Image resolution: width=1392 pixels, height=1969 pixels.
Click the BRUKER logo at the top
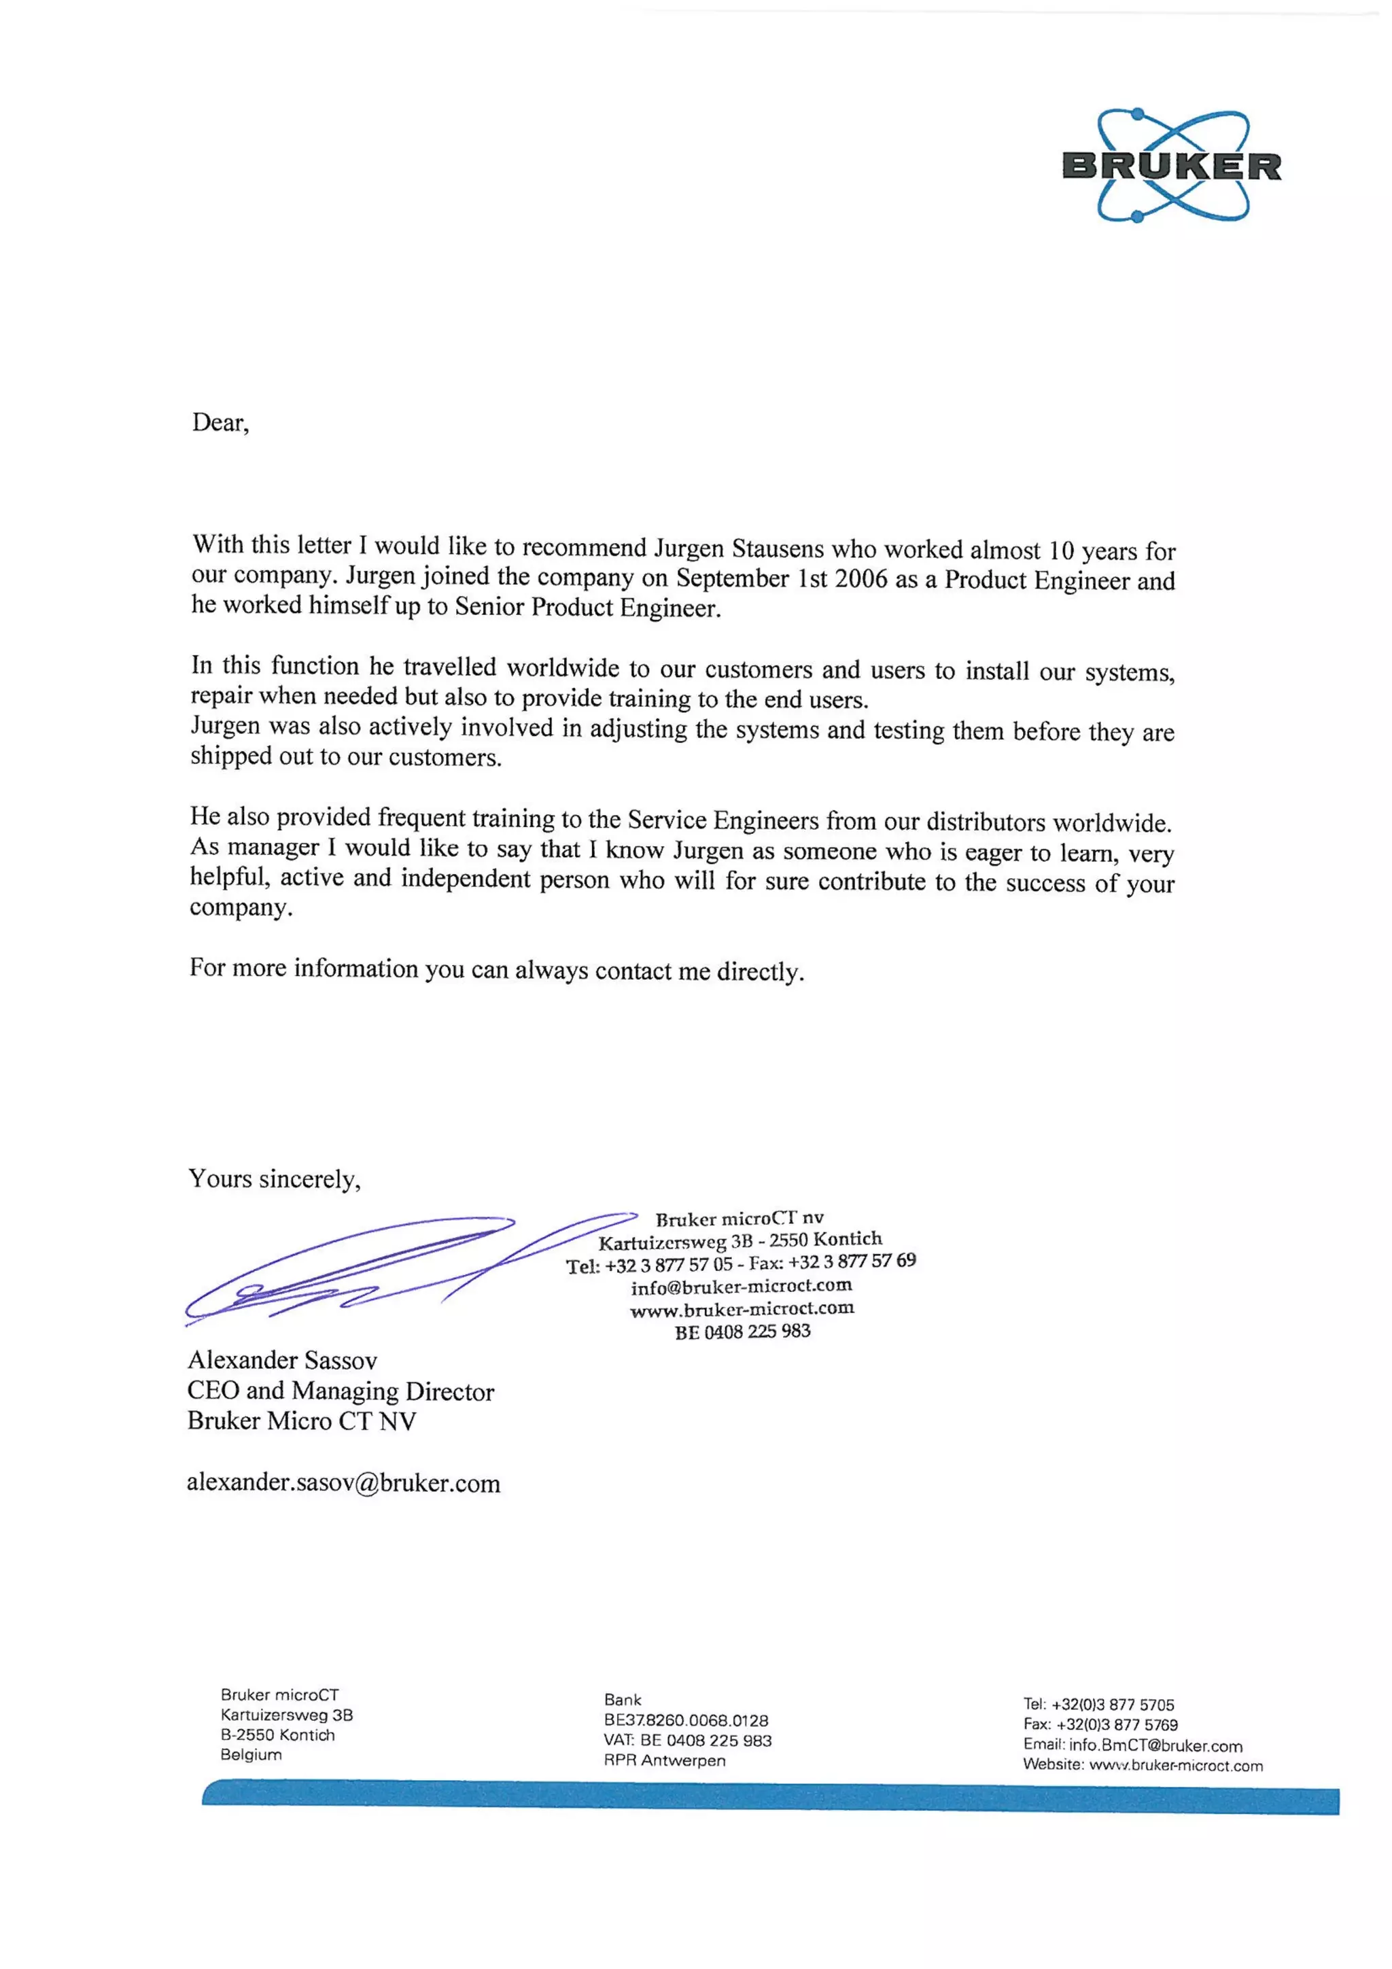(x=1172, y=166)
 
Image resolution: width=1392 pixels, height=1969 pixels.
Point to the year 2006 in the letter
(x=861, y=579)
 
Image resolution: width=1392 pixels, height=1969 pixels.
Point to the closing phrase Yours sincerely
(x=274, y=1179)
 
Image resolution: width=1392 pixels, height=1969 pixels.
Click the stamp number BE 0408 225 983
(x=742, y=1332)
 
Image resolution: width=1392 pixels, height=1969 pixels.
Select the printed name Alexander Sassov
(x=282, y=1360)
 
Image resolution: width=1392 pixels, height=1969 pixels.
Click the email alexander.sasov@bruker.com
(x=343, y=1483)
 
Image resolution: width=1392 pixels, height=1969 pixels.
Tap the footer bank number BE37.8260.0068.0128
(x=685, y=1720)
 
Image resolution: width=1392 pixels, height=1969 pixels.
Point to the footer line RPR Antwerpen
(x=664, y=1760)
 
